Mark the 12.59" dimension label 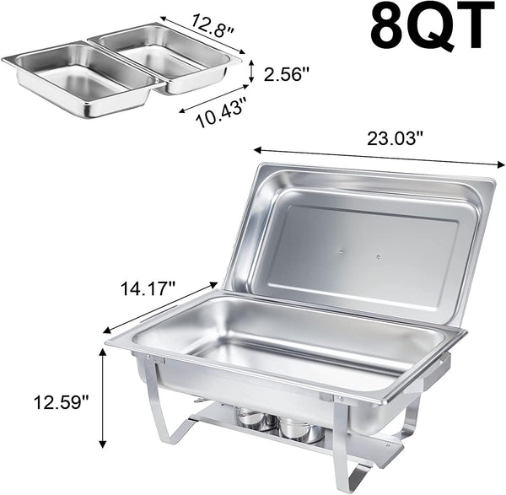pos(60,403)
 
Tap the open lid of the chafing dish pos(363,236)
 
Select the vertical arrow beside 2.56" pos(250,73)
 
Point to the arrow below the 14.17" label pos(157,309)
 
